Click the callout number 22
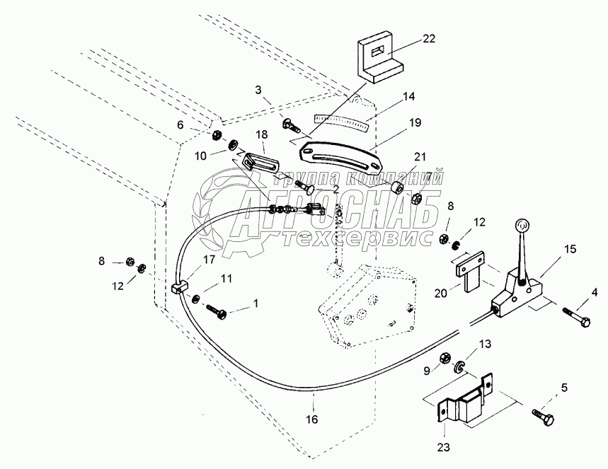(x=429, y=39)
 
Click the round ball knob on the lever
(x=522, y=225)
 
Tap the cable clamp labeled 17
(x=180, y=288)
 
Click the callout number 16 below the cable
(x=311, y=419)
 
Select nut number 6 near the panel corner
(x=216, y=136)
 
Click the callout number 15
(x=570, y=248)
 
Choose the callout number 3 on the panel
(x=258, y=91)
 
